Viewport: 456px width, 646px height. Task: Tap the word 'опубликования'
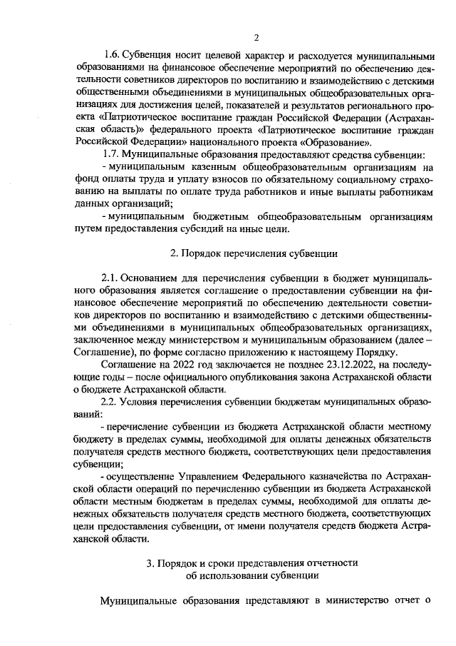[x=242, y=377]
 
